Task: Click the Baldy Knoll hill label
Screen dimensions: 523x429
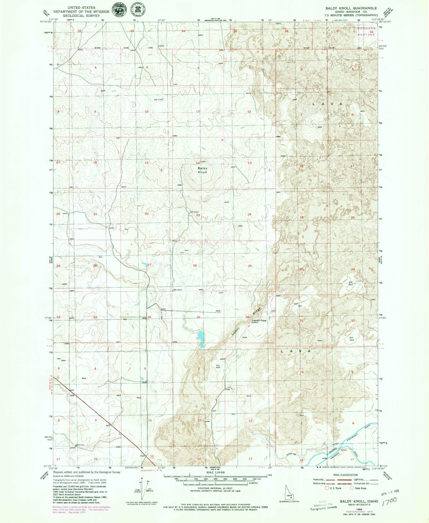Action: point(202,170)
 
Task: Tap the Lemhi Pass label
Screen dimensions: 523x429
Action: point(259,320)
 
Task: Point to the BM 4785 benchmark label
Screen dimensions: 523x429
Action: point(159,100)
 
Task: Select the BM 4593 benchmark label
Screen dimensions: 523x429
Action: point(194,212)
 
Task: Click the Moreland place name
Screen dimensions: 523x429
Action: point(80,445)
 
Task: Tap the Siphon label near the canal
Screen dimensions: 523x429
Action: point(344,450)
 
